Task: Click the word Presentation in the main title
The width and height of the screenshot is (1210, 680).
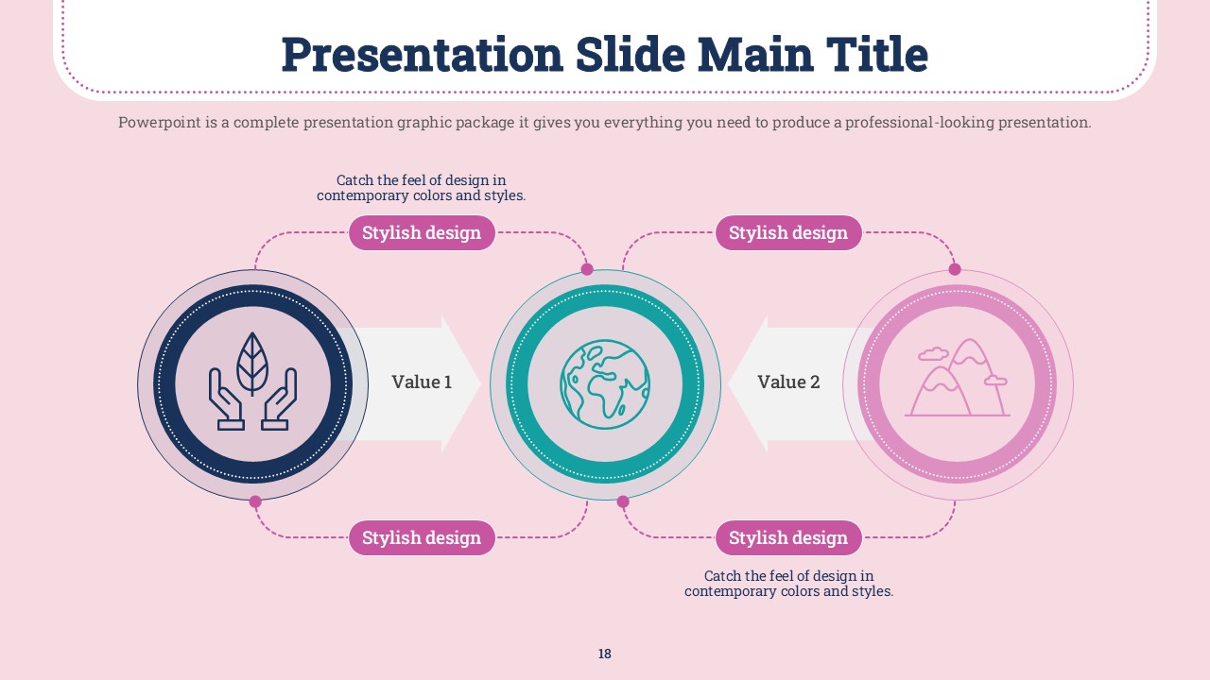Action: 422,55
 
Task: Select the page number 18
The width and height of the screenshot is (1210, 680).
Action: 604,654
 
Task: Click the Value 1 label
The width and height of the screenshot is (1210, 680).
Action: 422,382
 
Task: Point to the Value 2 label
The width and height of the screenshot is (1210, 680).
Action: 788,382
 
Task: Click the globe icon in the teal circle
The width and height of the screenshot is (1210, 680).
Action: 605,384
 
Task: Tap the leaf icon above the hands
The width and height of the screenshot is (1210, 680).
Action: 252,364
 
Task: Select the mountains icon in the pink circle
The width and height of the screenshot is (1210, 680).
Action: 958,378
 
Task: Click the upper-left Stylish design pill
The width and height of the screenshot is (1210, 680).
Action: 422,232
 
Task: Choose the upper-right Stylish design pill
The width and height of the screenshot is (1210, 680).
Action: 788,232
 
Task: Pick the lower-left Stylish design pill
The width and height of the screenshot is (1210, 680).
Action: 422,537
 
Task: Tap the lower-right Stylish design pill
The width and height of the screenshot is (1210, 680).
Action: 788,537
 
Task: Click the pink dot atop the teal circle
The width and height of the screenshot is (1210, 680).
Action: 587,269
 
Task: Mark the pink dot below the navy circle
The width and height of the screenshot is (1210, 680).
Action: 255,501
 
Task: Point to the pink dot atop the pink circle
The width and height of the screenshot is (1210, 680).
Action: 955,269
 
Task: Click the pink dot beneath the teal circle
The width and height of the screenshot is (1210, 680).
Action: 623,501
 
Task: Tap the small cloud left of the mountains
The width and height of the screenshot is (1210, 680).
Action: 933,353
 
